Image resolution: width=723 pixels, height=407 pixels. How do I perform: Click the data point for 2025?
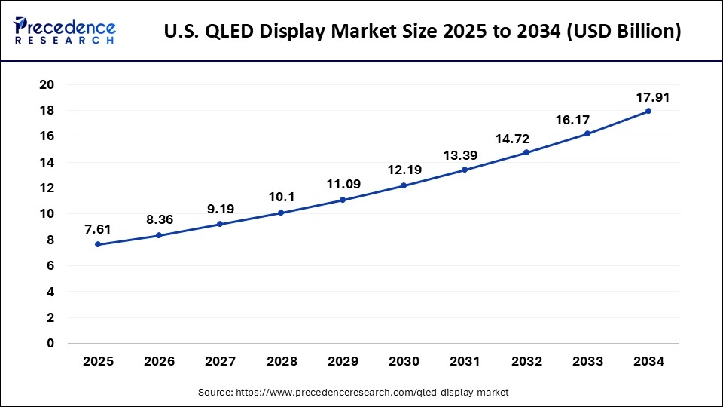[98, 244]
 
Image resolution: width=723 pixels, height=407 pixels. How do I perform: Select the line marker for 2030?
[404, 185]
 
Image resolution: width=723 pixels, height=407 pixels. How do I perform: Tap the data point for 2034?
[648, 111]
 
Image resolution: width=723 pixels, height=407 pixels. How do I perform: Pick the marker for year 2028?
[281, 213]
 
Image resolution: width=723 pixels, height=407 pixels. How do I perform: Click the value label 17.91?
[653, 97]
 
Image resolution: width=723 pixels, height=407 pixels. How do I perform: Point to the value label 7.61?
[98, 230]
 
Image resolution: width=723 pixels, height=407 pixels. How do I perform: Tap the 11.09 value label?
[343, 185]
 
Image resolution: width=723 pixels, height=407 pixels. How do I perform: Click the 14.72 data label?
[526, 139]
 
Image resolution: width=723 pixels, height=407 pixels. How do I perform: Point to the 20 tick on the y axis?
[47, 84]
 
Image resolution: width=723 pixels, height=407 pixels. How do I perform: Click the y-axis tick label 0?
[50, 344]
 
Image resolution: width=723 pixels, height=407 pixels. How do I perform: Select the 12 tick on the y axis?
[47, 188]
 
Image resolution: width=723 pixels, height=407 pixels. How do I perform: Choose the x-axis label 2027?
[220, 362]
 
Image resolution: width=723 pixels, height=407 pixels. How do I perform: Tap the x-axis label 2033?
[587, 362]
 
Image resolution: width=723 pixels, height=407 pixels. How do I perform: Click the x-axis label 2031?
[465, 362]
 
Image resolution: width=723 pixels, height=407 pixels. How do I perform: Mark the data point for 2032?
[526, 153]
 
